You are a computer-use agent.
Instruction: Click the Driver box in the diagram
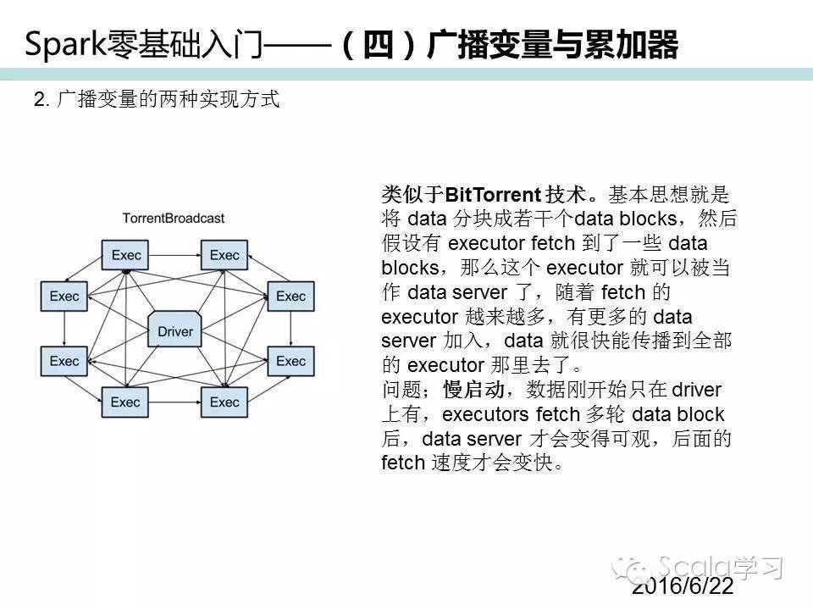(175, 331)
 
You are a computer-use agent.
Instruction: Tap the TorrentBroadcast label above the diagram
(174, 218)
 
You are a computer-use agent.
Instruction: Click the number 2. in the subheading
(41, 99)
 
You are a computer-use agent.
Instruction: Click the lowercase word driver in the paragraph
(696, 390)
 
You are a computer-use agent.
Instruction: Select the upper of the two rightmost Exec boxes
(290, 297)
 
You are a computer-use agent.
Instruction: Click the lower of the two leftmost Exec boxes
(64, 362)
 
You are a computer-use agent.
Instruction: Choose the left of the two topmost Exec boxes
(124, 255)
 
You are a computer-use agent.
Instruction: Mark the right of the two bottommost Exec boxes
(224, 402)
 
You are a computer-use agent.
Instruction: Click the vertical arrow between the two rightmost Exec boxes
(290, 329)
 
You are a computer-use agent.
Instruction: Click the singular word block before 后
(700, 414)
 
